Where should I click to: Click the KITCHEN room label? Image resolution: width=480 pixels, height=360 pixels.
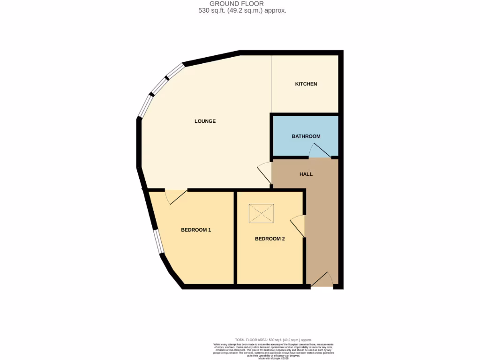(x=306, y=84)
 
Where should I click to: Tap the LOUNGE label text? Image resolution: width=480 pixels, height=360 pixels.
(x=205, y=121)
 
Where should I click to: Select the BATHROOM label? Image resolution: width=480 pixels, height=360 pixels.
(x=306, y=136)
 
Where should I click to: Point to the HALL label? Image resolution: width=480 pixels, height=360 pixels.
(x=306, y=174)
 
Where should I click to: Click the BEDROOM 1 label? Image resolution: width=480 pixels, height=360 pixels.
(x=196, y=230)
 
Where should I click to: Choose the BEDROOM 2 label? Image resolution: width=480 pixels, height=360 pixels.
(x=270, y=239)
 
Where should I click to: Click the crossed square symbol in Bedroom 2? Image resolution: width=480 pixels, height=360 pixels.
(x=261, y=213)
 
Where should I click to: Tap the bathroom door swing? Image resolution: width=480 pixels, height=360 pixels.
(x=320, y=151)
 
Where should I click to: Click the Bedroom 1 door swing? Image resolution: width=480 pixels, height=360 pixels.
(x=175, y=196)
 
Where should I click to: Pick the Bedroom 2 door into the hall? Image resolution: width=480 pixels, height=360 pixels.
(x=298, y=226)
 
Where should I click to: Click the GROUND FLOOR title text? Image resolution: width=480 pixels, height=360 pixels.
(x=240, y=4)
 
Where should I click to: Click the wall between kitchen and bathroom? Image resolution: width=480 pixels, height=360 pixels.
(x=305, y=114)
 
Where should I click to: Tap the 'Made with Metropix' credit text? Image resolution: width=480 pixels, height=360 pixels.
(x=272, y=359)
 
